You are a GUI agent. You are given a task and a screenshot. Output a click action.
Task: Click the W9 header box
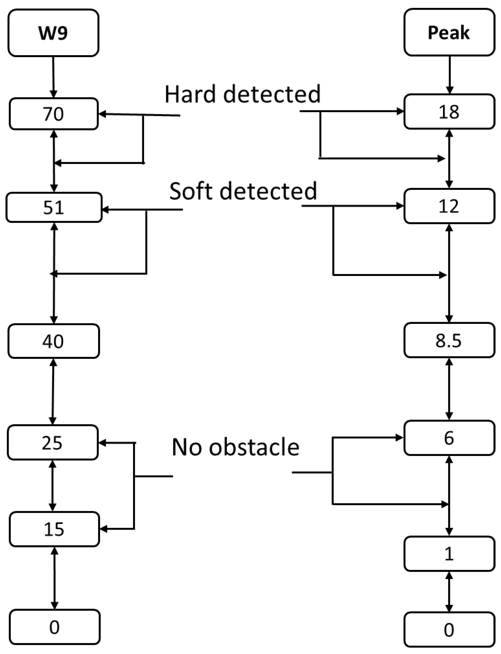point(53,33)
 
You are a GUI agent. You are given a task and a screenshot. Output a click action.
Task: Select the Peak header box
point(449,32)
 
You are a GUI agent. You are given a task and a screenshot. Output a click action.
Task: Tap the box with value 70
point(54,114)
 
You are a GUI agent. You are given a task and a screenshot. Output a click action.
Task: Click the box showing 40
point(54,341)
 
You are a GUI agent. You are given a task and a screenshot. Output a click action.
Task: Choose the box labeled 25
point(53,442)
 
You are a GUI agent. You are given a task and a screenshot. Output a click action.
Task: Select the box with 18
point(449,112)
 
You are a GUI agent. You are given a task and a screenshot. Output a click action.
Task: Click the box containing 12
point(449,206)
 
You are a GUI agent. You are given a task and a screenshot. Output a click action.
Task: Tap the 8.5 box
point(449,340)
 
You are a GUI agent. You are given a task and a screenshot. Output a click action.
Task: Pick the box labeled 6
point(449,438)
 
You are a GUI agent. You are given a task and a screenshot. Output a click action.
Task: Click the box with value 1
point(449,554)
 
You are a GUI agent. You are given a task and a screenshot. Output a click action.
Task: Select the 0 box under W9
point(55,627)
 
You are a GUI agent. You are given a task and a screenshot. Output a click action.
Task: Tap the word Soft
point(191,191)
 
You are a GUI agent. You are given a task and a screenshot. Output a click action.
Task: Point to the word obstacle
point(254,447)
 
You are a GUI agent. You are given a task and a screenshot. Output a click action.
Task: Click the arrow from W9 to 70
point(53,77)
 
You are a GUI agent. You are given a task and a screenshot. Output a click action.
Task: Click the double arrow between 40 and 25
point(53,391)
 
